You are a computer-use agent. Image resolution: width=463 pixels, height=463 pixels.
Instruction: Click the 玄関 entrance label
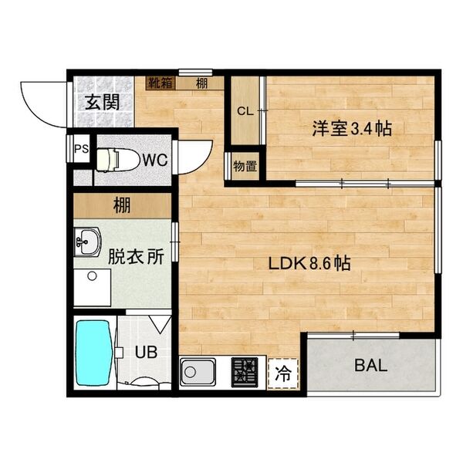coord(102,102)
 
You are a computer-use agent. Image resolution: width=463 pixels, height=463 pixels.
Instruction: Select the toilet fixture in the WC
coord(116,160)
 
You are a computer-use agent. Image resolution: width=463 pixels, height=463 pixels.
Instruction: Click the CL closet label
coord(245,111)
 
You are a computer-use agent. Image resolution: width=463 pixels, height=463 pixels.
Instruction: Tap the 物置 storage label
coord(245,165)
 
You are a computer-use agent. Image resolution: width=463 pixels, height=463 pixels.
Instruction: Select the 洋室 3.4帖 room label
coord(351,128)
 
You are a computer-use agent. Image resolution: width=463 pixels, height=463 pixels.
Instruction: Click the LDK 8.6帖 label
coord(310,263)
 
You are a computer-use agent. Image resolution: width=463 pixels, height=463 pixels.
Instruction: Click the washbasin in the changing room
coord(88,242)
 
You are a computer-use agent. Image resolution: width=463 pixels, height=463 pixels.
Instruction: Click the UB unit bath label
coord(147,352)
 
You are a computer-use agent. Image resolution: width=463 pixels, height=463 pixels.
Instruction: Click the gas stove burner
coord(245,373)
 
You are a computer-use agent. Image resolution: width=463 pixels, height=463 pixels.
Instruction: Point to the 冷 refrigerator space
coord(284,375)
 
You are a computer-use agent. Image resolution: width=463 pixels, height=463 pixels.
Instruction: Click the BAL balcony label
coord(370,365)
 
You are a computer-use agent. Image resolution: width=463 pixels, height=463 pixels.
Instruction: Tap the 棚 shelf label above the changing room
coord(120,206)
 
